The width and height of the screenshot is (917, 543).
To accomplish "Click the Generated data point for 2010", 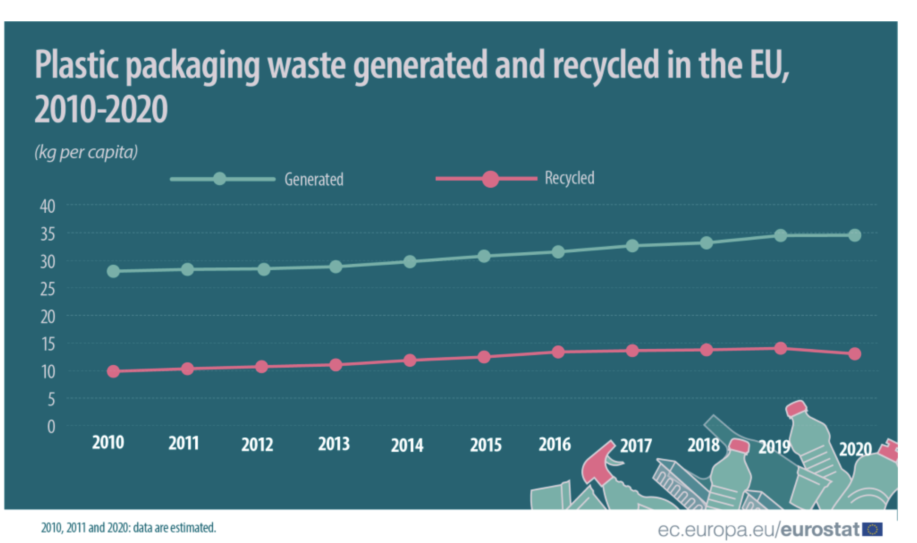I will (113, 271).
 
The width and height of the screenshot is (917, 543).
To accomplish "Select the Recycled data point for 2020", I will (854, 354).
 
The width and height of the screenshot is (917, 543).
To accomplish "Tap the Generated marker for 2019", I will (780, 235).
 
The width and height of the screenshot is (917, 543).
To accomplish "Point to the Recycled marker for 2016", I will (558, 352).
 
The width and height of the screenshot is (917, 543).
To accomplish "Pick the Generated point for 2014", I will (410, 262).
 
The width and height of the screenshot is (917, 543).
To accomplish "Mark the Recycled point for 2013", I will (335, 365).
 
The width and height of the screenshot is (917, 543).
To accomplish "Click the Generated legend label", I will (314, 179).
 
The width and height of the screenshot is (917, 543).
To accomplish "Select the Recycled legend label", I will (569, 178).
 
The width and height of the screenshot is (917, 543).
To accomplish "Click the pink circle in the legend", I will (490, 179).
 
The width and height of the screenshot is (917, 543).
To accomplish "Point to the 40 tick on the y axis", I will (48, 207).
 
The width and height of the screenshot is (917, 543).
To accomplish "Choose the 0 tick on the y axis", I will (51, 427).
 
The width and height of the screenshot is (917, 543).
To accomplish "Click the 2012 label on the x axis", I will (257, 445).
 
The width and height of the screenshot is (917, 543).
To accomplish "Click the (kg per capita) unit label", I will (86, 152).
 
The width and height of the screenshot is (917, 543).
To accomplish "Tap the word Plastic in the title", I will (77, 65).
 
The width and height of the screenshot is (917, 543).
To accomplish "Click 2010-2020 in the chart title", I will (101, 109).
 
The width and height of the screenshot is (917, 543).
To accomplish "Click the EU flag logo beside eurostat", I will (872, 529).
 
